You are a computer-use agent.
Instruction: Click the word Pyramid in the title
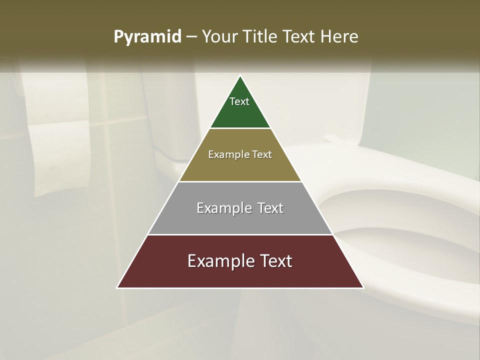coord(147,37)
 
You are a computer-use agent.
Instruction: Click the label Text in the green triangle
coord(239,101)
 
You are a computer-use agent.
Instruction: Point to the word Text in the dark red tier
coord(275,261)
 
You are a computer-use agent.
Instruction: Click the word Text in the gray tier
coord(270,208)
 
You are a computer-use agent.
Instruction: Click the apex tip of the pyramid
coord(240,77)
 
